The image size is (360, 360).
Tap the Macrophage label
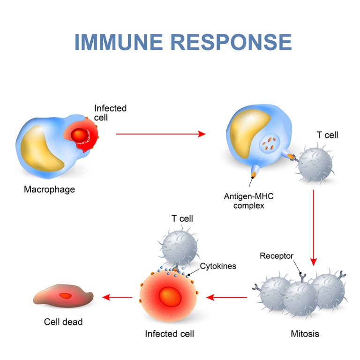tap(49, 190)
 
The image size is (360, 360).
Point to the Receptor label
tap(277, 256)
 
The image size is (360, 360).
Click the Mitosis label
tap(305, 334)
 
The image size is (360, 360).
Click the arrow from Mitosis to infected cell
tap(227, 297)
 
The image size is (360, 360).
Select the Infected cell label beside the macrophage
tap(110, 112)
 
